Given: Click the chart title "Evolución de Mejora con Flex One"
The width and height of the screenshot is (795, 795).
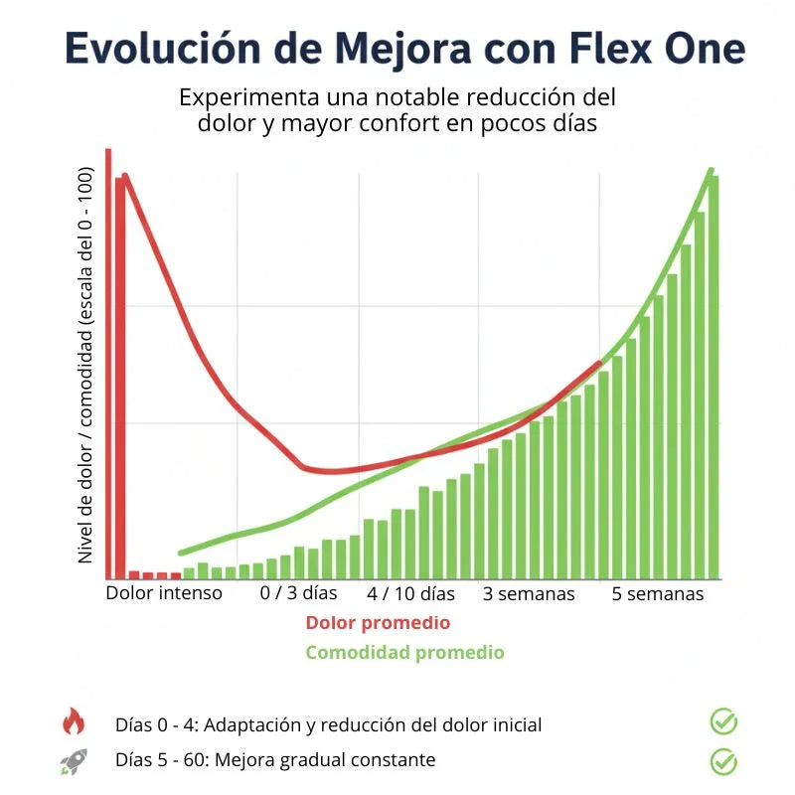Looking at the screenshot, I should click(x=405, y=48).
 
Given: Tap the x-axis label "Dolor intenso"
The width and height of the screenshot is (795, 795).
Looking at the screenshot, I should click(x=164, y=593).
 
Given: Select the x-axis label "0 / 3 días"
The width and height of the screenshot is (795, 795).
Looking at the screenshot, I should click(x=298, y=593).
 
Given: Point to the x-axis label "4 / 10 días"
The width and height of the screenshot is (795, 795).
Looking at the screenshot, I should click(x=410, y=593).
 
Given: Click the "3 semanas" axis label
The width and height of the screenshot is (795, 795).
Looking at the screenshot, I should click(x=529, y=593).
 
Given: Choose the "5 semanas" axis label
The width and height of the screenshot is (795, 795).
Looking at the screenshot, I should click(x=657, y=593).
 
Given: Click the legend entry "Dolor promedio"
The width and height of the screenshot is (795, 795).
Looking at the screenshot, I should click(x=378, y=623).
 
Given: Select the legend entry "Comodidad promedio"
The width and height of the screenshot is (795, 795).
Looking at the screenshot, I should click(x=404, y=653).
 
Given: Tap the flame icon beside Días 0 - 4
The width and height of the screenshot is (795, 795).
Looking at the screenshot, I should click(x=74, y=722).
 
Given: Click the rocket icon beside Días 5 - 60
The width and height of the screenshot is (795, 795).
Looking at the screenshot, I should click(x=74, y=761).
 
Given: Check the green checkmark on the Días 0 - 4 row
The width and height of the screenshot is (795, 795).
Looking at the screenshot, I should click(x=723, y=721).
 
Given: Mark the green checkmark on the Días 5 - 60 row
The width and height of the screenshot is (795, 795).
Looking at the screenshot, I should click(x=723, y=761).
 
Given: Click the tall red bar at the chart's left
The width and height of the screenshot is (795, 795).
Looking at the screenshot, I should click(x=120, y=378).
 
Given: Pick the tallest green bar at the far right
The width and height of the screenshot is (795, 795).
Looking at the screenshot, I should click(x=714, y=378).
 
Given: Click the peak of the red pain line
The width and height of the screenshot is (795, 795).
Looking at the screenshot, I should click(x=125, y=177).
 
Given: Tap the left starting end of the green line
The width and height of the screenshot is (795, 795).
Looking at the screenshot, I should click(x=181, y=553).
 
